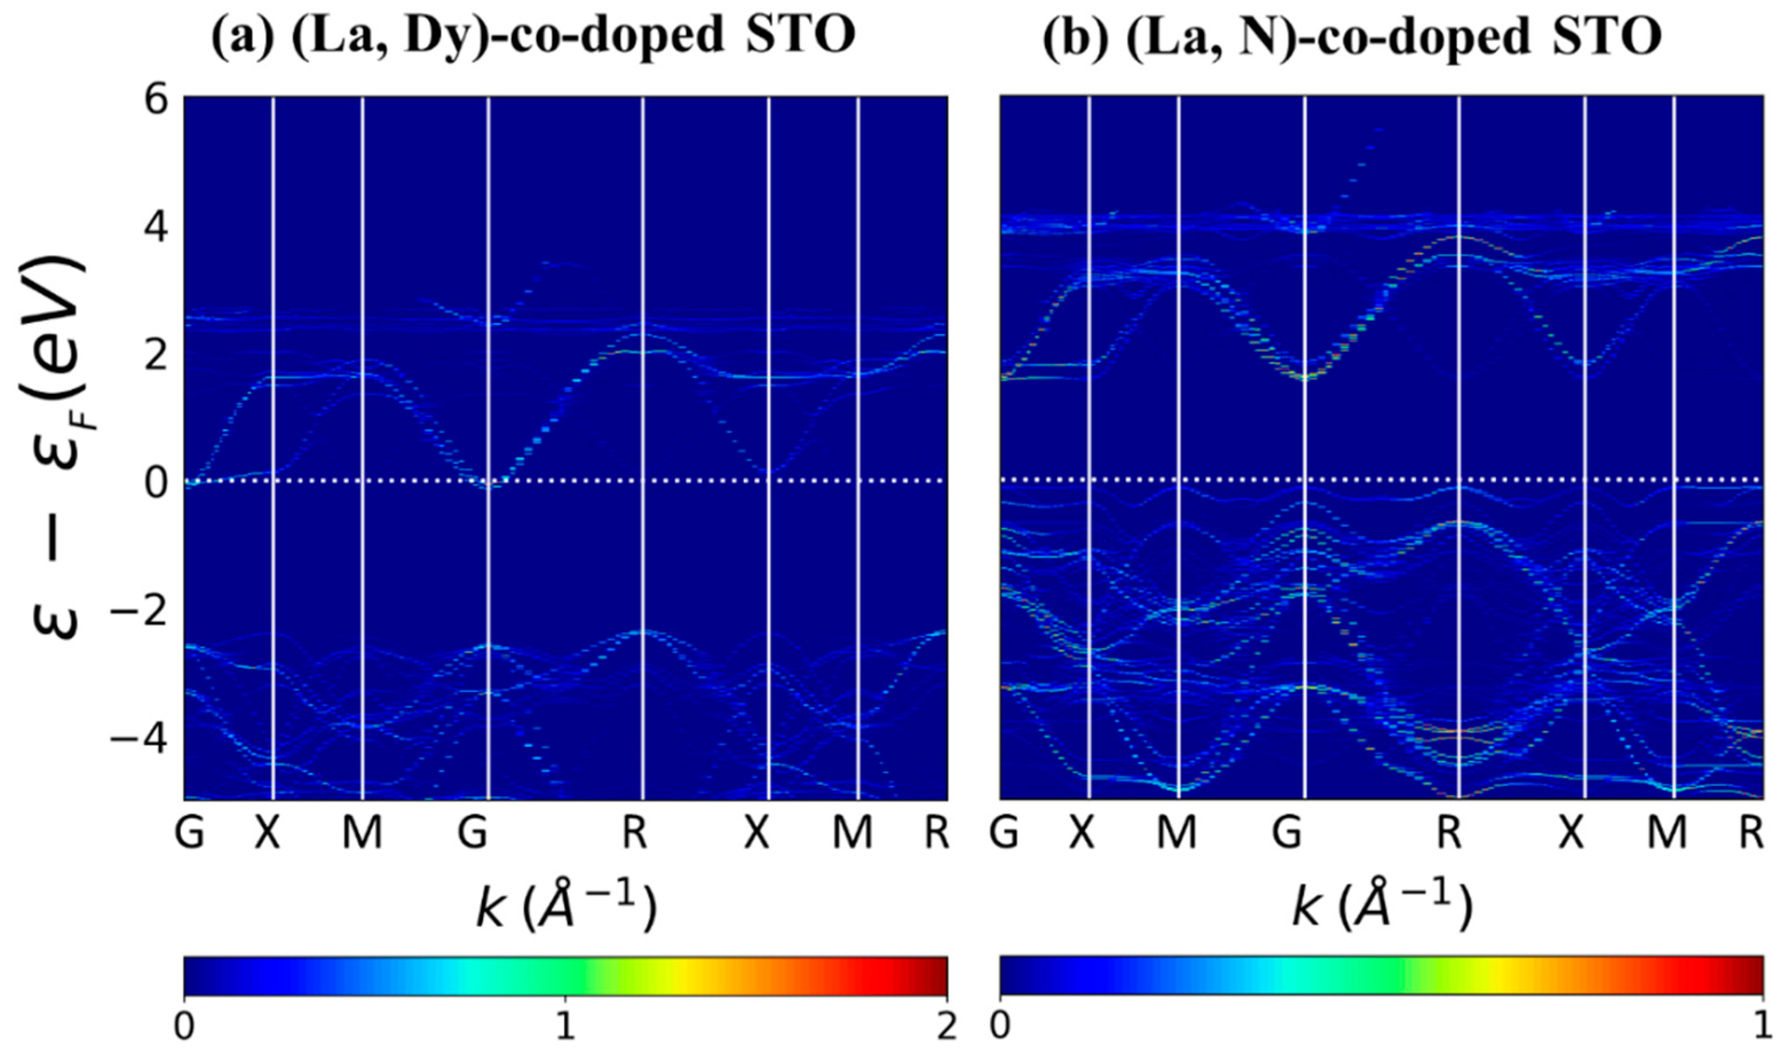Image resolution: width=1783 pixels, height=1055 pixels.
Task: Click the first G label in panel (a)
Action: click(x=190, y=832)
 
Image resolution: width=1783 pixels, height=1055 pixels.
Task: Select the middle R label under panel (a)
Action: click(x=635, y=832)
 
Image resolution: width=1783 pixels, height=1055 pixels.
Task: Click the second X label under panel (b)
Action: click(x=1572, y=832)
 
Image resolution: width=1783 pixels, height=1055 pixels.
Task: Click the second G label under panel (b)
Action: click(x=1287, y=832)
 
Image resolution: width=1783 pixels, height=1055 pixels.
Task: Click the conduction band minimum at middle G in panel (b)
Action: click(x=1304, y=377)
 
